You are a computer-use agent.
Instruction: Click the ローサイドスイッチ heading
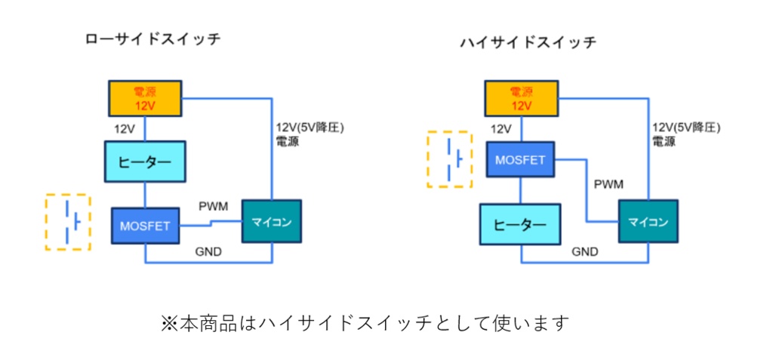[x=153, y=39]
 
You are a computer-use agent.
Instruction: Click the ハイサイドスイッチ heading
[x=528, y=42]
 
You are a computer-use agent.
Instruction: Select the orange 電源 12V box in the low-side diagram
[x=145, y=98]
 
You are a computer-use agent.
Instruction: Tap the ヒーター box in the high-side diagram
[x=521, y=226]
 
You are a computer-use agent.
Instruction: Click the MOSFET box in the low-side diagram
[x=145, y=224]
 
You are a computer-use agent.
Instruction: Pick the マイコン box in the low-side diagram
[x=271, y=221]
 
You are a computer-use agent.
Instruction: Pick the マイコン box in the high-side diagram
[x=648, y=221]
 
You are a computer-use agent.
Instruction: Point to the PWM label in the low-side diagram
[x=213, y=206]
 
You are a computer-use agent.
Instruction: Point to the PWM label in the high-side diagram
[x=608, y=184]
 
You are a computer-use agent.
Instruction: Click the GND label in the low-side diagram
[x=208, y=251]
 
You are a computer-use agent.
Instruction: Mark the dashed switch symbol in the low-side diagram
[x=68, y=223]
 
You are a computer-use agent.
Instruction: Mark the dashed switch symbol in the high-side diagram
[x=449, y=159]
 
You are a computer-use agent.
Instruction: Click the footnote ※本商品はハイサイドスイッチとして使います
[x=364, y=323]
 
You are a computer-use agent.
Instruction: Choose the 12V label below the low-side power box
[x=125, y=128]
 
